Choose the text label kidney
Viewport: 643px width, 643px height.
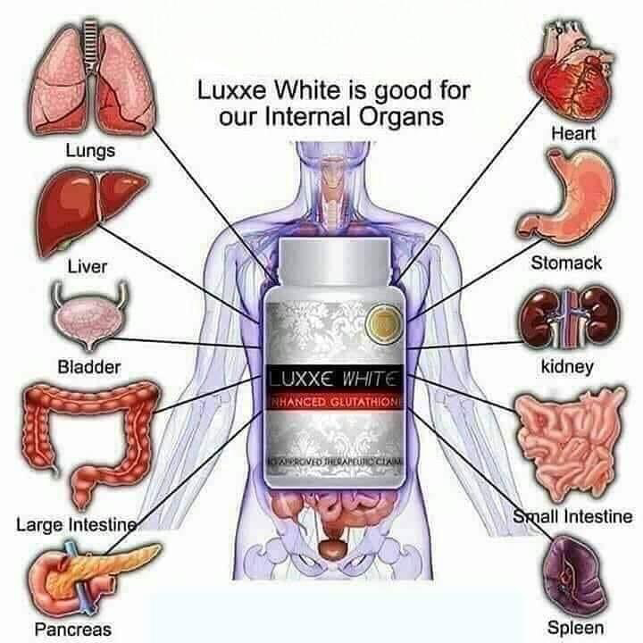(567, 367)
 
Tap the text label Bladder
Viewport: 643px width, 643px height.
(89, 367)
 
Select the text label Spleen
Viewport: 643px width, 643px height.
(575, 628)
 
